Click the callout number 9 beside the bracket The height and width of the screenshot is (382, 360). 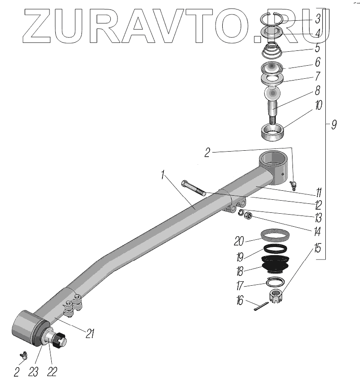pyautogui.click(x=334, y=125)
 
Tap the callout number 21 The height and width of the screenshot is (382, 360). pyautogui.click(x=90, y=333)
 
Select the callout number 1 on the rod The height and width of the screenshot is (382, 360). pyautogui.click(x=163, y=175)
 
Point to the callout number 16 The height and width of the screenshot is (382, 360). pyautogui.click(x=240, y=301)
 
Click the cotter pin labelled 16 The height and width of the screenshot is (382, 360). pyautogui.click(x=261, y=306)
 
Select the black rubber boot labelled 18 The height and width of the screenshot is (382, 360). pyautogui.click(x=275, y=264)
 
